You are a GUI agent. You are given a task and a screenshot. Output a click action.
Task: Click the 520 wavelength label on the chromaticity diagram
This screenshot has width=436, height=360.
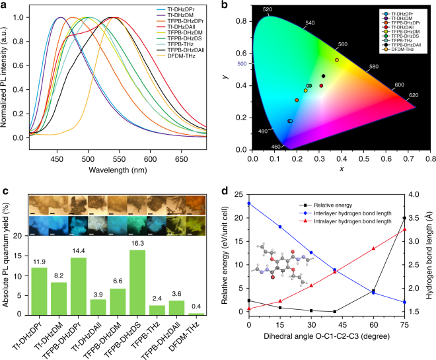click(x=268, y=9)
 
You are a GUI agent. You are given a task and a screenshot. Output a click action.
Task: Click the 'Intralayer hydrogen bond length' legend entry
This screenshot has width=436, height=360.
click(x=379, y=215)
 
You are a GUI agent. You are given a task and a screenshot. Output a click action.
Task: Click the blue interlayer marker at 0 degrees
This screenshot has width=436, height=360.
click(x=249, y=203)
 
